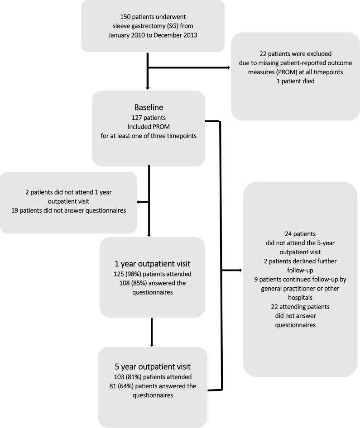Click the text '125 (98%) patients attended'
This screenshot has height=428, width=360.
(152, 273)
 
